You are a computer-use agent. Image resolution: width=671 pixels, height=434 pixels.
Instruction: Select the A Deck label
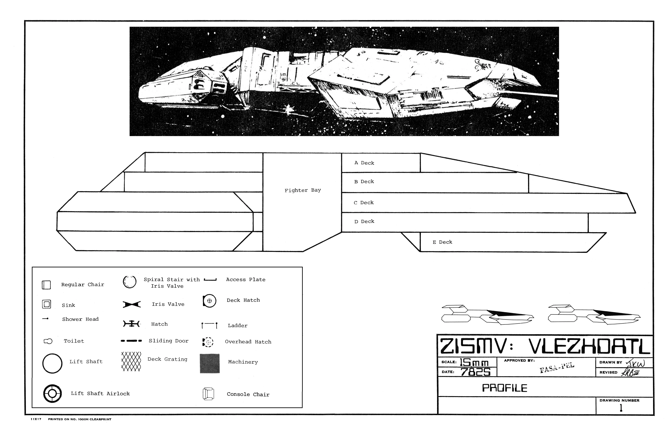(364, 163)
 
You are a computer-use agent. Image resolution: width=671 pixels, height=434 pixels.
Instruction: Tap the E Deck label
(442, 242)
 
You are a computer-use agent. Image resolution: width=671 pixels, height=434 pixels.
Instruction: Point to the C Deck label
(364, 203)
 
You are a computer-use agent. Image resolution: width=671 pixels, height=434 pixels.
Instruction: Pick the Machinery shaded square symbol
(210, 364)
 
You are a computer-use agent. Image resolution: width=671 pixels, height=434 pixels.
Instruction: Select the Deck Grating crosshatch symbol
(131, 361)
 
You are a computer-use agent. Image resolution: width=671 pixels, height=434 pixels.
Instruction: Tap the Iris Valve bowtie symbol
(132, 304)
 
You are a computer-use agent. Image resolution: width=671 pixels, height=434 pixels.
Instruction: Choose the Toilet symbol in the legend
(48, 341)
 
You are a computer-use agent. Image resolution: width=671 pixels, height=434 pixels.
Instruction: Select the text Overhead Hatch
(248, 342)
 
